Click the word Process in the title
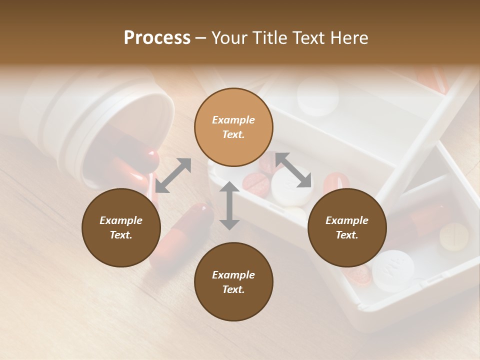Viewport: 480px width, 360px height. (157, 38)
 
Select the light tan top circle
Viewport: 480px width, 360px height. (233, 127)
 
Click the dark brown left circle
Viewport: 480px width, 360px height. (121, 227)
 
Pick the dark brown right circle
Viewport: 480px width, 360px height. (346, 227)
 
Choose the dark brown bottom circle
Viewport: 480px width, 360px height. (233, 282)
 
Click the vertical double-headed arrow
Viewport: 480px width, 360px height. (229, 205)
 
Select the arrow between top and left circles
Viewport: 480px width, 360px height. (173, 175)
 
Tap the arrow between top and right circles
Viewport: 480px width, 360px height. (293, 170)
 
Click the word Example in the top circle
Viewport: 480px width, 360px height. (233, 120)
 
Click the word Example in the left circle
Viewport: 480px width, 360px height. (121, 220)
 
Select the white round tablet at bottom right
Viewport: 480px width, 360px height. (393, 270)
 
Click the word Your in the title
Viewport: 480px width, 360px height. (229, 38)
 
